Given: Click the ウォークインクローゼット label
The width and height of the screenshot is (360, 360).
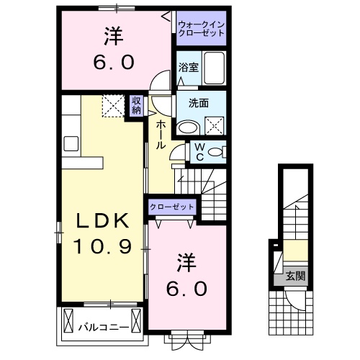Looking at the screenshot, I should coord(202,30).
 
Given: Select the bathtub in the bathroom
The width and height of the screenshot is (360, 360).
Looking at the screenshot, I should coord(213,68).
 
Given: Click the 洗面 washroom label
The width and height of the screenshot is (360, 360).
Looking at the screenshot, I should coord(199,102).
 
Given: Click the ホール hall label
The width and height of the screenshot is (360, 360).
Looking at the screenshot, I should coord(160,134).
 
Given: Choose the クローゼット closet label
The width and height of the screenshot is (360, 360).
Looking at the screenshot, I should coord(173,207).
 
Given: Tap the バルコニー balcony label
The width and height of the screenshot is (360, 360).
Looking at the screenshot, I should coord(104,326).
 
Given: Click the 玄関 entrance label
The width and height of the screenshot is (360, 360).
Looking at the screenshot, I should coord(294,275).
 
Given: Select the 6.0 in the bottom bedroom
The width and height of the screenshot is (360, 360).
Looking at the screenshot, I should coord(189,289).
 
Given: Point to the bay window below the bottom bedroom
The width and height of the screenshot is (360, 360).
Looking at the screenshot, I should coord(189,338).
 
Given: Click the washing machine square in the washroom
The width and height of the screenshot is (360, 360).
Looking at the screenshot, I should coord(215,127).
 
